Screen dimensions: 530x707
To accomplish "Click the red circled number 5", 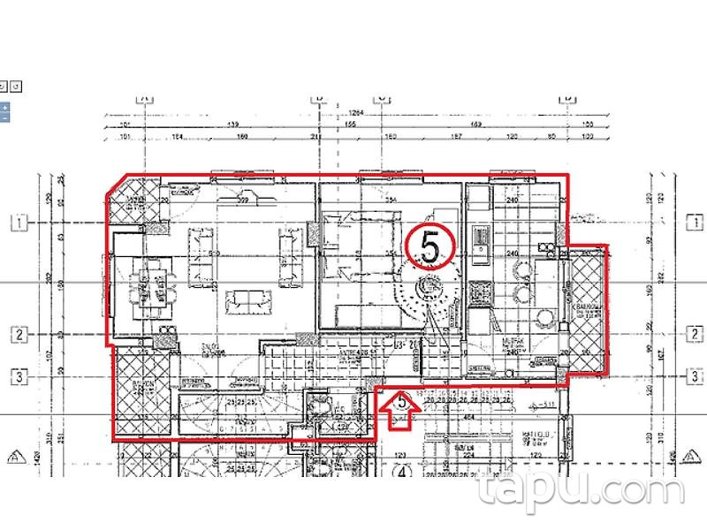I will pyautogui.click(x=430, y=246).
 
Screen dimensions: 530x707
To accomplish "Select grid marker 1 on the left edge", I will pyautogui.click(x=17, y=223).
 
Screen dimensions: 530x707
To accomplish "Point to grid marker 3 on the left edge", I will pyautogui.click(x=17, y=375).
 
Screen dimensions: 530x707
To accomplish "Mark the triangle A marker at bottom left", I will pyautogui.click(x=13, y=457).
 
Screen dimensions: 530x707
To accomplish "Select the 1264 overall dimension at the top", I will pyautogui.click(x=357, y=112).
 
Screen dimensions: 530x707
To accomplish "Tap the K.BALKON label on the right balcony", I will pyautogui.click(x=588, y=309).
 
